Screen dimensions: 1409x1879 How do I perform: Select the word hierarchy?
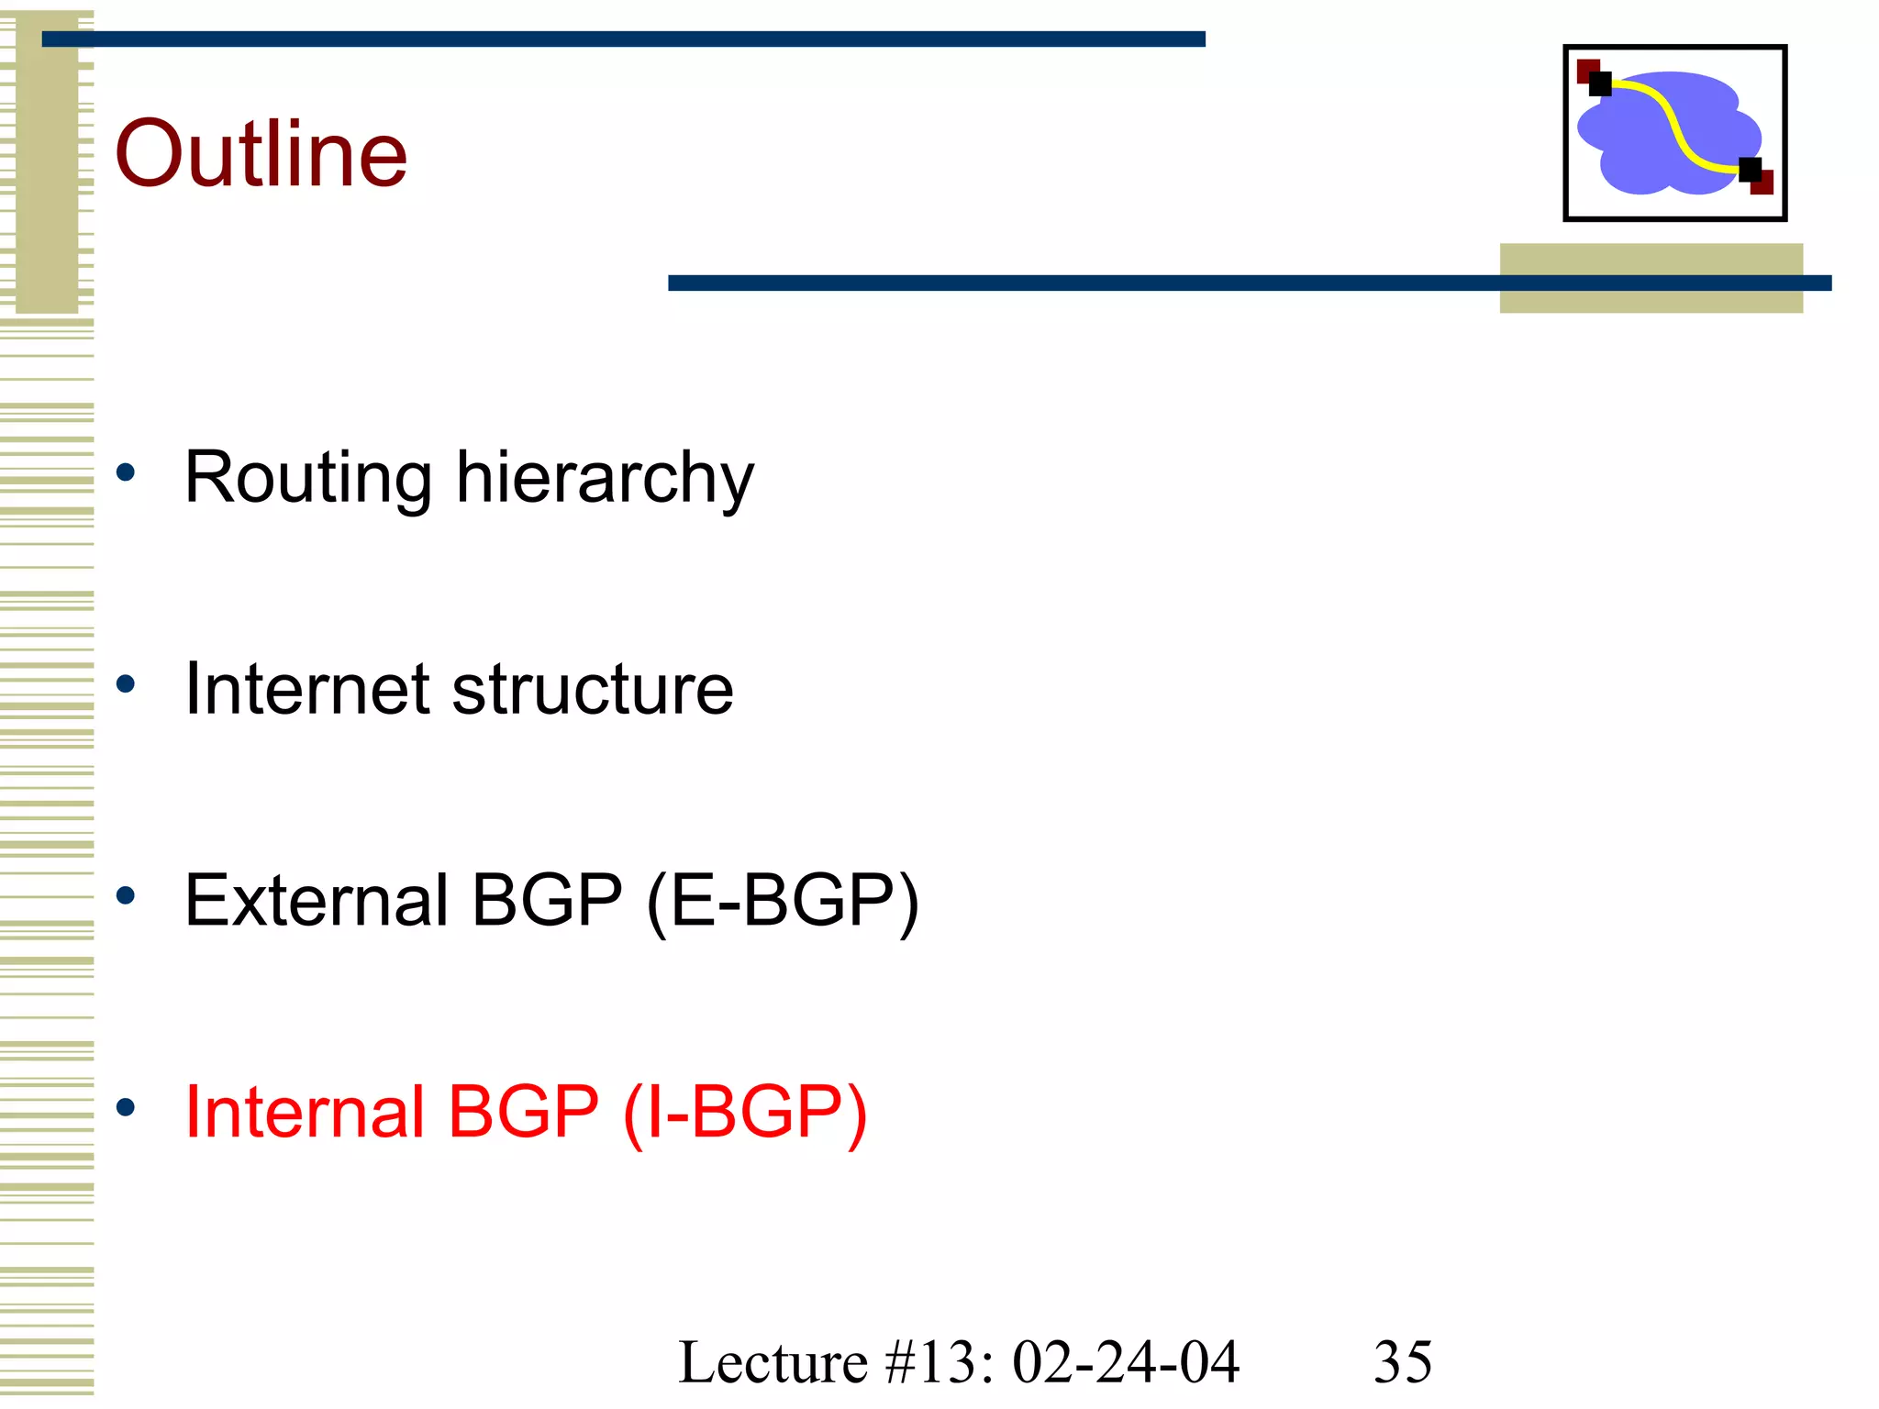[605, 479]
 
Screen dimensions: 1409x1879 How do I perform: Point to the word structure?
[593, 689]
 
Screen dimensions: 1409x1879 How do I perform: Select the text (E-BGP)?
[783, 902]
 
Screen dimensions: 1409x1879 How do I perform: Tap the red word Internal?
[302, 1112]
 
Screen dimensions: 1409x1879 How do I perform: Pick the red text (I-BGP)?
[744, 1114]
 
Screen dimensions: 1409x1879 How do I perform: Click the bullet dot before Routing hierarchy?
[126, 473]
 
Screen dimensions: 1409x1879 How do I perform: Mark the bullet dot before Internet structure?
[126, 683]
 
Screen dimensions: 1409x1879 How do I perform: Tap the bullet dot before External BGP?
[126, 895]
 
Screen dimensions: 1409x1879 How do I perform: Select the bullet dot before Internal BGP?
[126, 1107]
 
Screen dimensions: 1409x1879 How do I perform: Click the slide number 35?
[1402, 1362]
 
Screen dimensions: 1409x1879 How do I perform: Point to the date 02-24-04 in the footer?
[1126, 1362]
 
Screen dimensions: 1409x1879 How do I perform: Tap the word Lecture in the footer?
[773, 1362]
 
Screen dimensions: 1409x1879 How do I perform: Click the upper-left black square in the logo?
[1600, 84]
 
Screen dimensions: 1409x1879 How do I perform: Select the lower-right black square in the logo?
[1750, 170]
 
